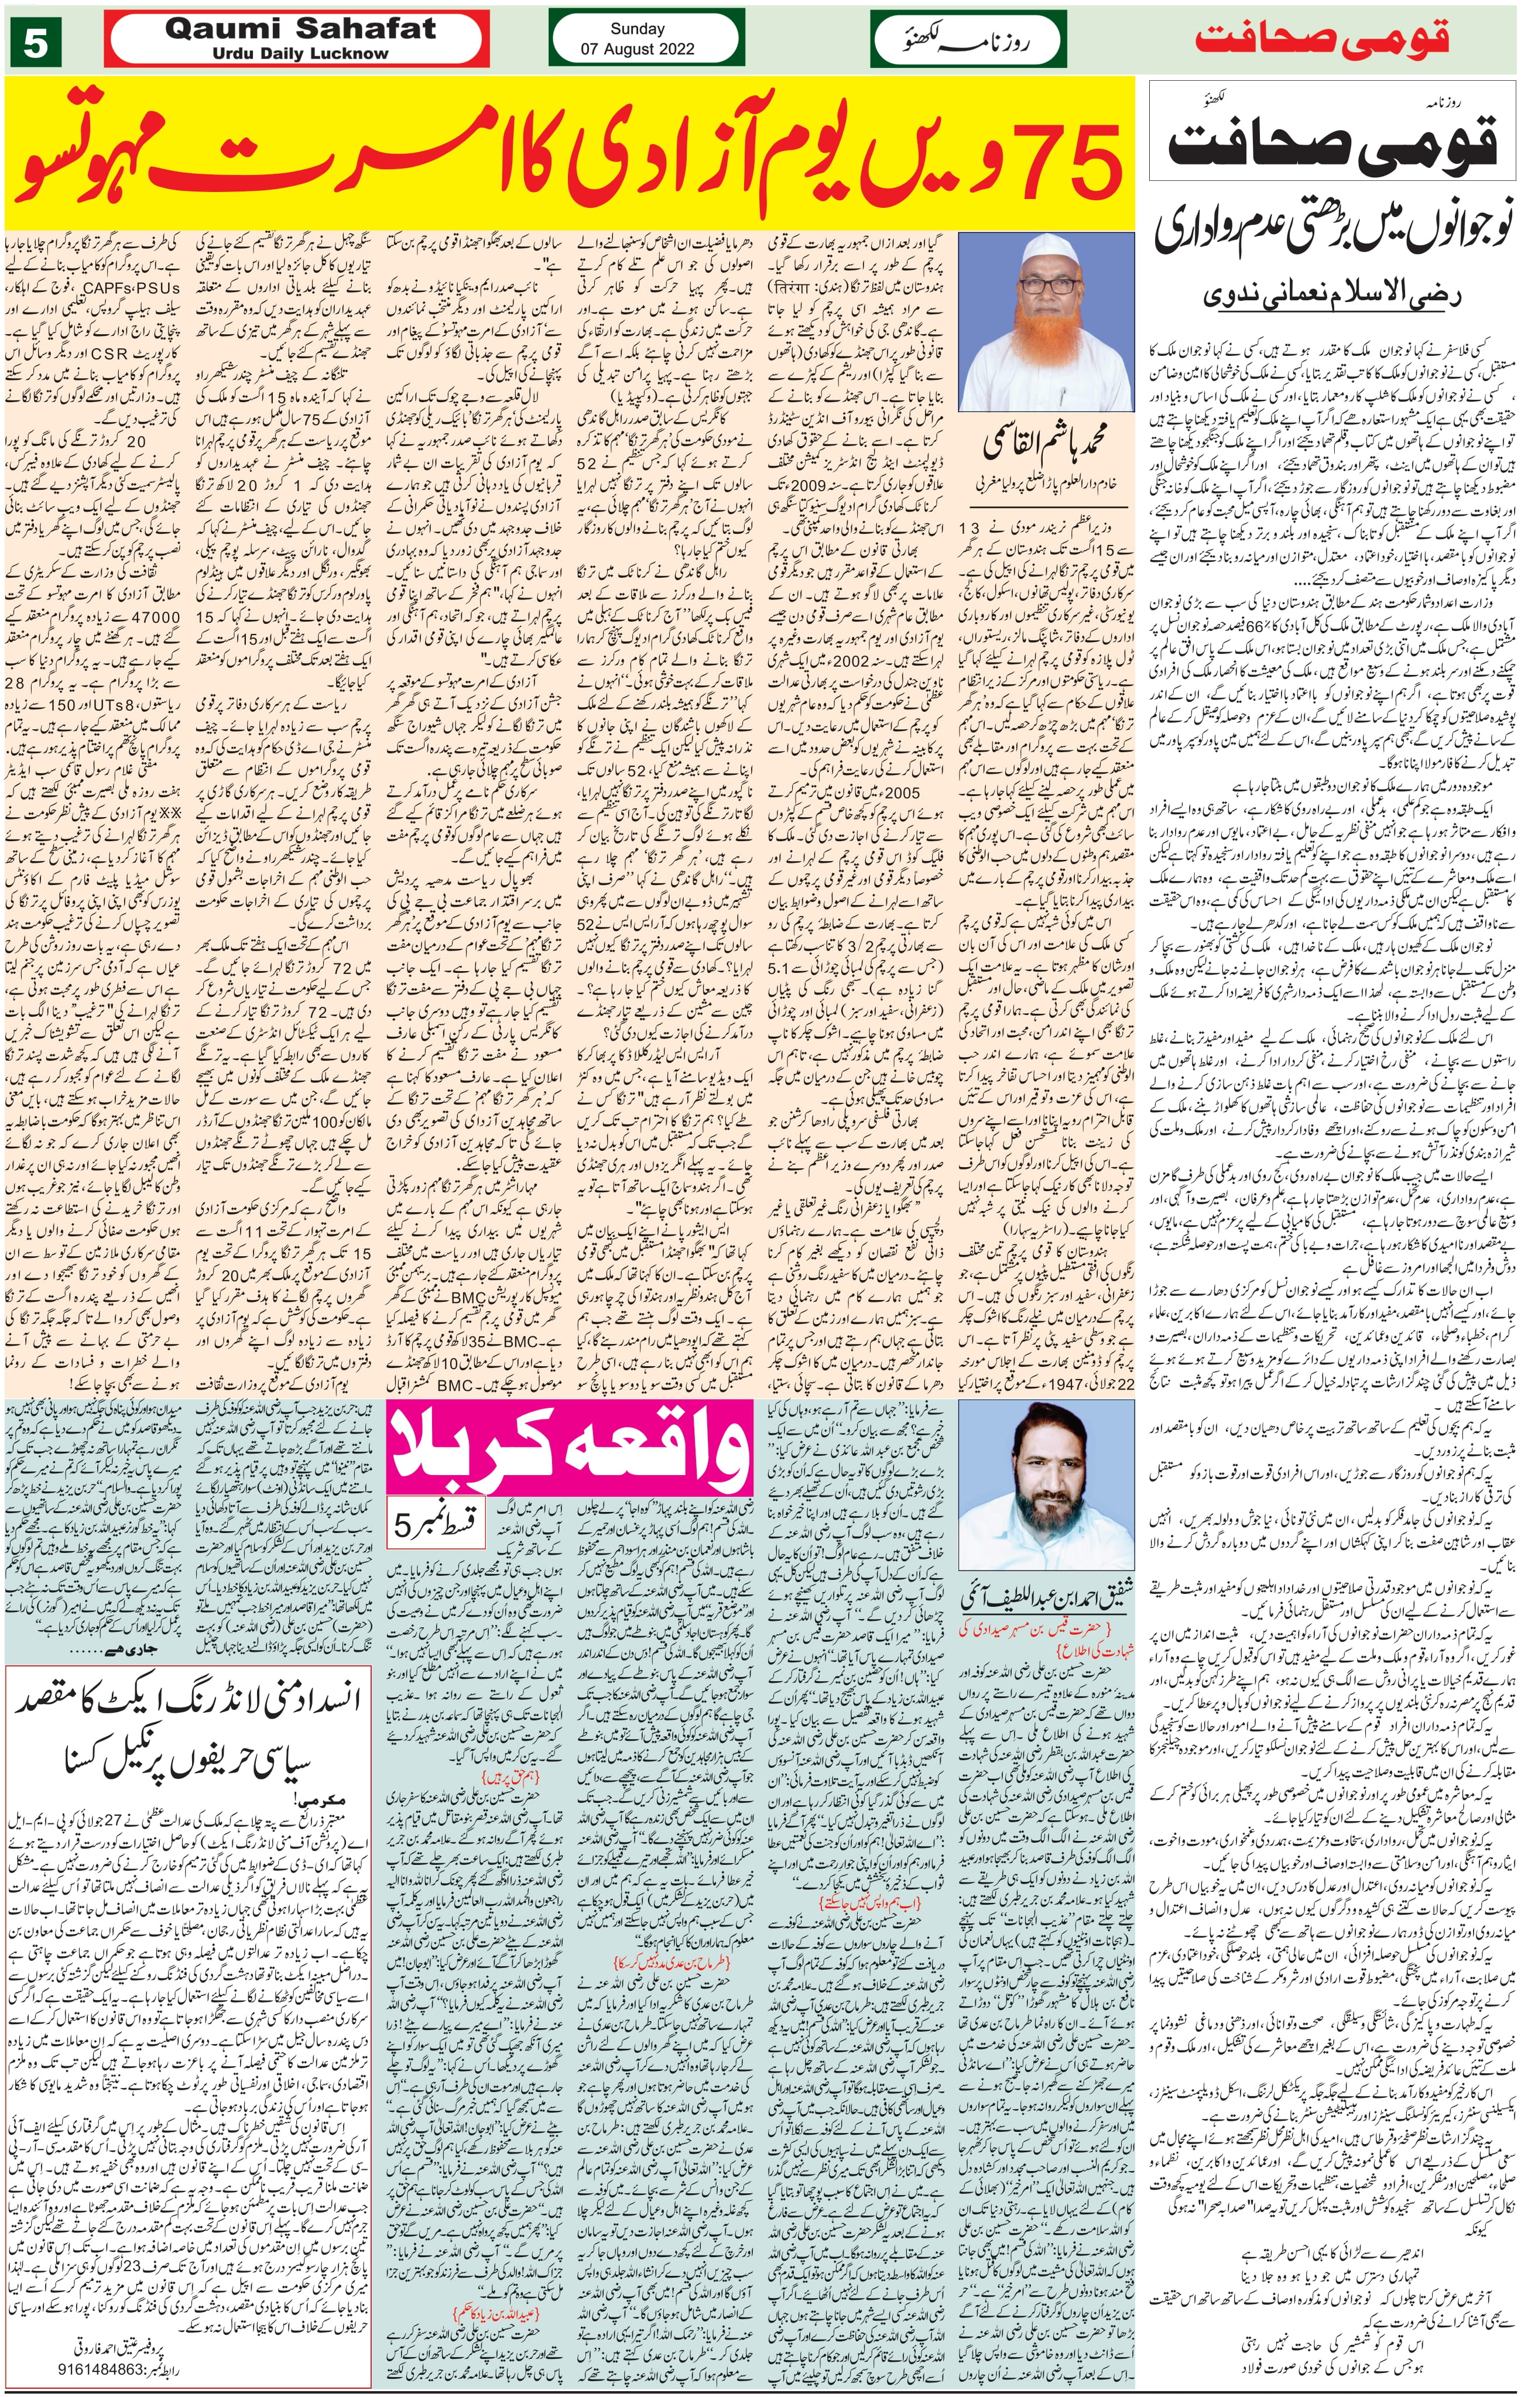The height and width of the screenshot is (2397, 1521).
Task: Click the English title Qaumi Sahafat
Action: [x=300, y=30]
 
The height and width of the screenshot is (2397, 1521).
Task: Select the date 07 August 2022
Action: [x=637, y=49]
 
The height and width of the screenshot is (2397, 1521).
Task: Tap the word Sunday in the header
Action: [x=637, y=29]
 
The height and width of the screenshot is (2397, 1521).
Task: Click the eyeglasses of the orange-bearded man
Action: [x=1051, y=286]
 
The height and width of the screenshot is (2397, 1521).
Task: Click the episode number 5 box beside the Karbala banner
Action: [x=435, y=1524]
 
